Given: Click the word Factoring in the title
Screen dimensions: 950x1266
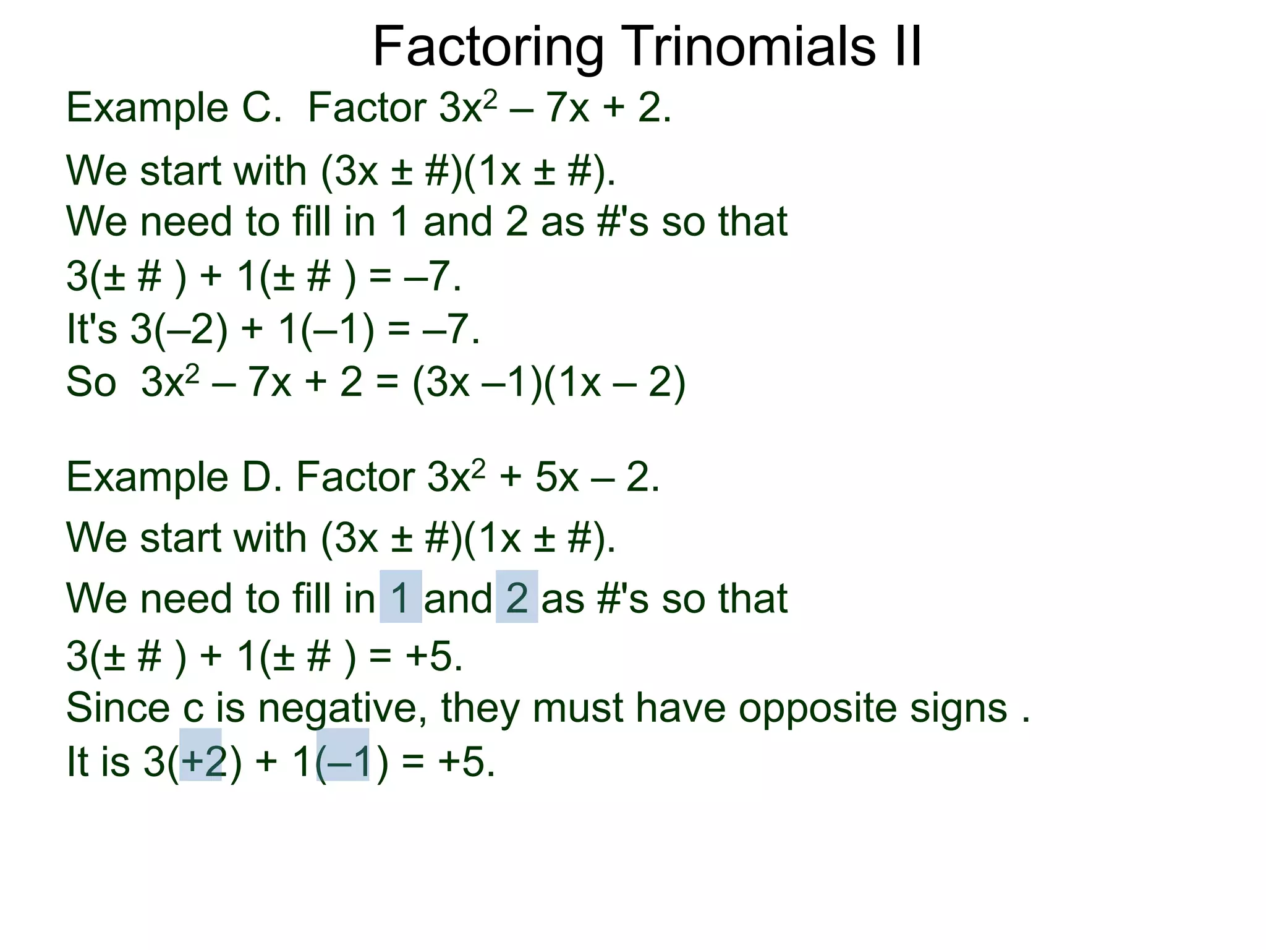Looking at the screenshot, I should tap(488, 48).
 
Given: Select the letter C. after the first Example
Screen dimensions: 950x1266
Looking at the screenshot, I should tap(262, 108).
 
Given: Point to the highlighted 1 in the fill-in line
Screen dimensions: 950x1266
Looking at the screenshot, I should tap(401, 597).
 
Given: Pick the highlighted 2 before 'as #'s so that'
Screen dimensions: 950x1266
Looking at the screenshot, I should tap(517, 597).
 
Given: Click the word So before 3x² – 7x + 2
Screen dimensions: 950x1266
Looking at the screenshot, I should tap(91, 382).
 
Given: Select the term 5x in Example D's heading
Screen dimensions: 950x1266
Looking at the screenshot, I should tap(556, 477).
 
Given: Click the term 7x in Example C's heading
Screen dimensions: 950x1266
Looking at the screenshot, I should tap(567, 108).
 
